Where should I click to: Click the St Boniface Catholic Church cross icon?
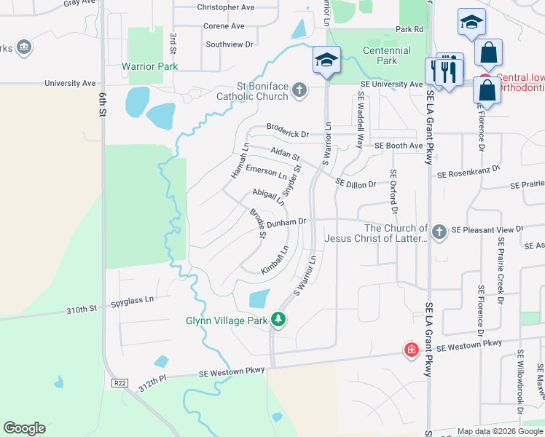pos(299,91)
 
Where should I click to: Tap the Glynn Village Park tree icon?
pos(277,319)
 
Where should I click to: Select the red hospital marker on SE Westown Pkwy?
pos(412,350)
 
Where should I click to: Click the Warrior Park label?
pos(150,66)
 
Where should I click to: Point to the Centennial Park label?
pos(387,55)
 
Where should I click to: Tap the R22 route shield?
pos(119,382)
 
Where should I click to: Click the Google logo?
pos(24,428)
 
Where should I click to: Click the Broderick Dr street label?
pos(288,135)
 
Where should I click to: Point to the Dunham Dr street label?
pos(289,222)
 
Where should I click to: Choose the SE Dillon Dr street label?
pos(356,184)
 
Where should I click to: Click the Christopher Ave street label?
pos(226,7)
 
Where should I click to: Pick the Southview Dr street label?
pos(229,44)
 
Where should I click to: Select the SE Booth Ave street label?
pos(399,146)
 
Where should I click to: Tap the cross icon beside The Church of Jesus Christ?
pos(439,231)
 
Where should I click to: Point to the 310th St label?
pos(82,310)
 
